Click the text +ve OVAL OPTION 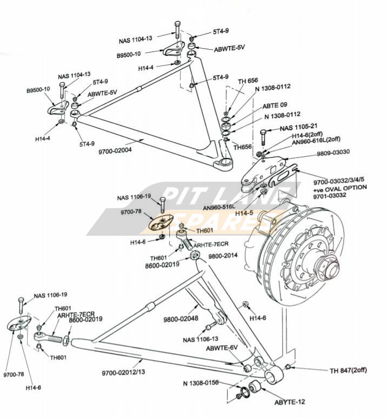[x=339, y=188]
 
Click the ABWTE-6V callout [x=222, y=348]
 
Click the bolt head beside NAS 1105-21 [x=263, y=131]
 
